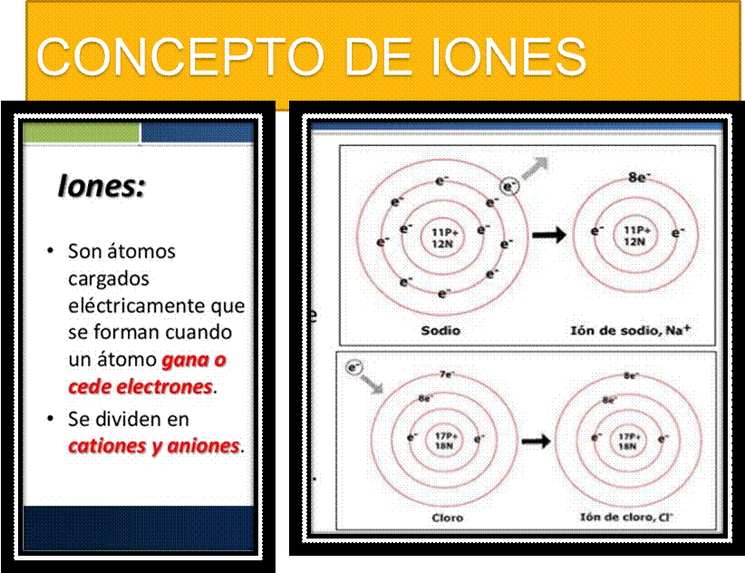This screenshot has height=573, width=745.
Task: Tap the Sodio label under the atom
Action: (x=440, y=330)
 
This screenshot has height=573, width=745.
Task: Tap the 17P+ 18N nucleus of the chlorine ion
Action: (x=626, y=441)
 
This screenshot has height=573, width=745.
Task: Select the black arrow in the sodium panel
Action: (x=548, y=235)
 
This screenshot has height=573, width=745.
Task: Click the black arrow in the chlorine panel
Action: (x=537, y=441)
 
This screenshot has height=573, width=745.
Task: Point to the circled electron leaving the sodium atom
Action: (x=510, y=186)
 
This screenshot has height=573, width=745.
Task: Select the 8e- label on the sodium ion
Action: (x=640, y=177)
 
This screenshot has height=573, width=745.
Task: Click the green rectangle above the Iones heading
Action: (x=82, y=132)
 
